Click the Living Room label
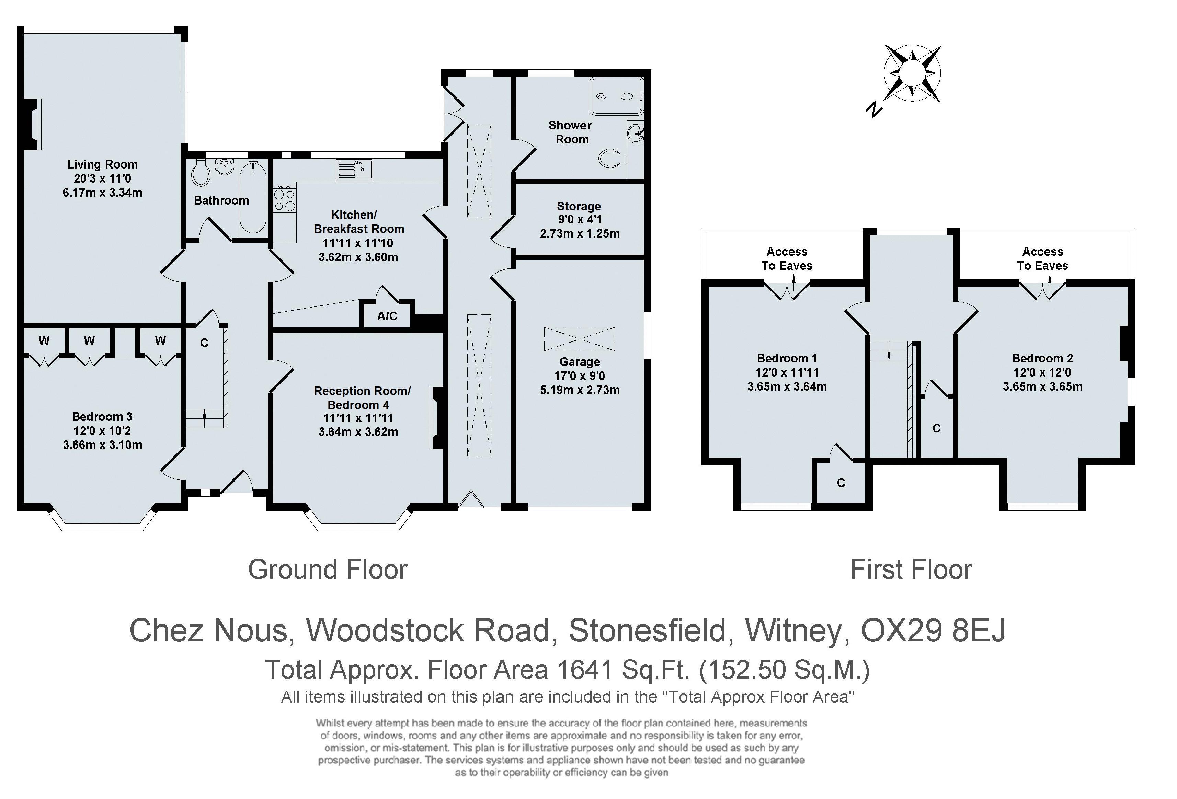[102, 164]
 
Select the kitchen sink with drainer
[354, 170]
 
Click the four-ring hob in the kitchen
[284, 199]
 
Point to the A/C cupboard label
[387, 316]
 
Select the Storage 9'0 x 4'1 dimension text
[579, 220]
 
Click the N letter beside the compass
[873, 109]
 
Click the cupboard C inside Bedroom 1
[841, 483]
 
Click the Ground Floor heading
[328, 570]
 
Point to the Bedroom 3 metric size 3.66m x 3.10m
[102, 445]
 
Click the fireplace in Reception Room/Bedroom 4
[436, 418]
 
